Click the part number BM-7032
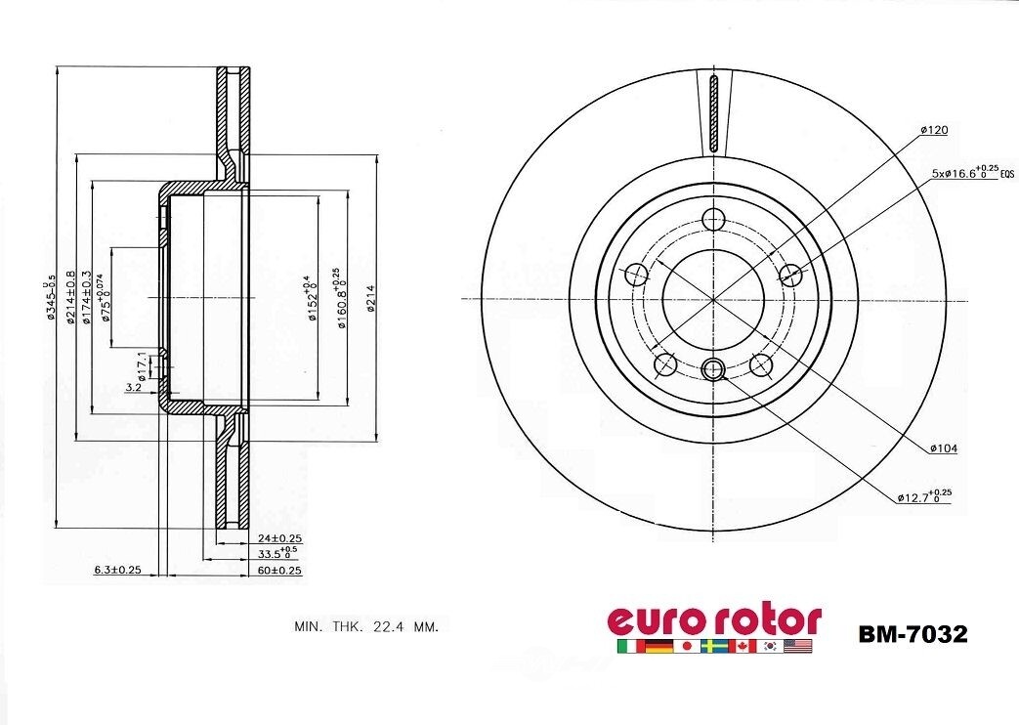[913, 635]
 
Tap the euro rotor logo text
[714, 619]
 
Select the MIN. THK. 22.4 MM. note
[366, 626]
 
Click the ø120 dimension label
[933, 130]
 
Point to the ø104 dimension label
[943, 448]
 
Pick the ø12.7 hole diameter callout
[923, 496]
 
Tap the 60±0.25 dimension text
[278, 570]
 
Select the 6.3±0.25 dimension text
[117, 570]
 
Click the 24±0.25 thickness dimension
[278, 538]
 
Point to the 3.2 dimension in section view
[134, 388]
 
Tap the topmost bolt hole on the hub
[713, 219]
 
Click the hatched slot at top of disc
[713, 112]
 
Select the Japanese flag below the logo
[687, 647]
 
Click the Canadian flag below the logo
[743, 647]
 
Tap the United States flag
[798, 647]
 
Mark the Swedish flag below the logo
[715, 647]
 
